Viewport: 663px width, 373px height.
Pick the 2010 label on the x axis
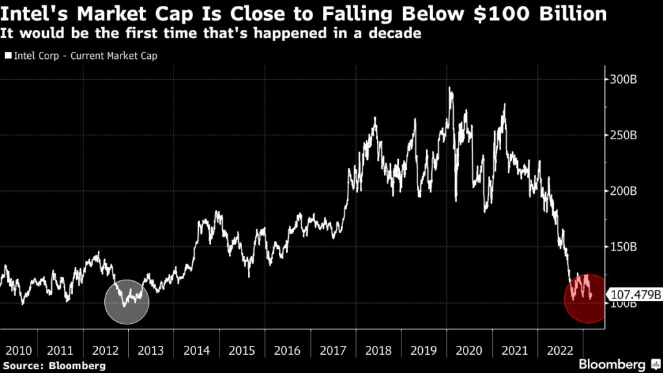tap(18, 350)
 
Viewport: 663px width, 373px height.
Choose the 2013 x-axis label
tap(150, 350)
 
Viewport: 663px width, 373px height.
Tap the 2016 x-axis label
tap(287, 350)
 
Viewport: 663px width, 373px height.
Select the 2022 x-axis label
tap(559, 350)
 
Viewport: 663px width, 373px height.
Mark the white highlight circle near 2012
tap(127, 302)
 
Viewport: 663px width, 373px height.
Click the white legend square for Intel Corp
tap(8, 56)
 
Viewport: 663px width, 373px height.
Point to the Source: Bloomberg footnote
tap(52, 366)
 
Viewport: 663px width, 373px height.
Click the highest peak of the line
tap(449, 88)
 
